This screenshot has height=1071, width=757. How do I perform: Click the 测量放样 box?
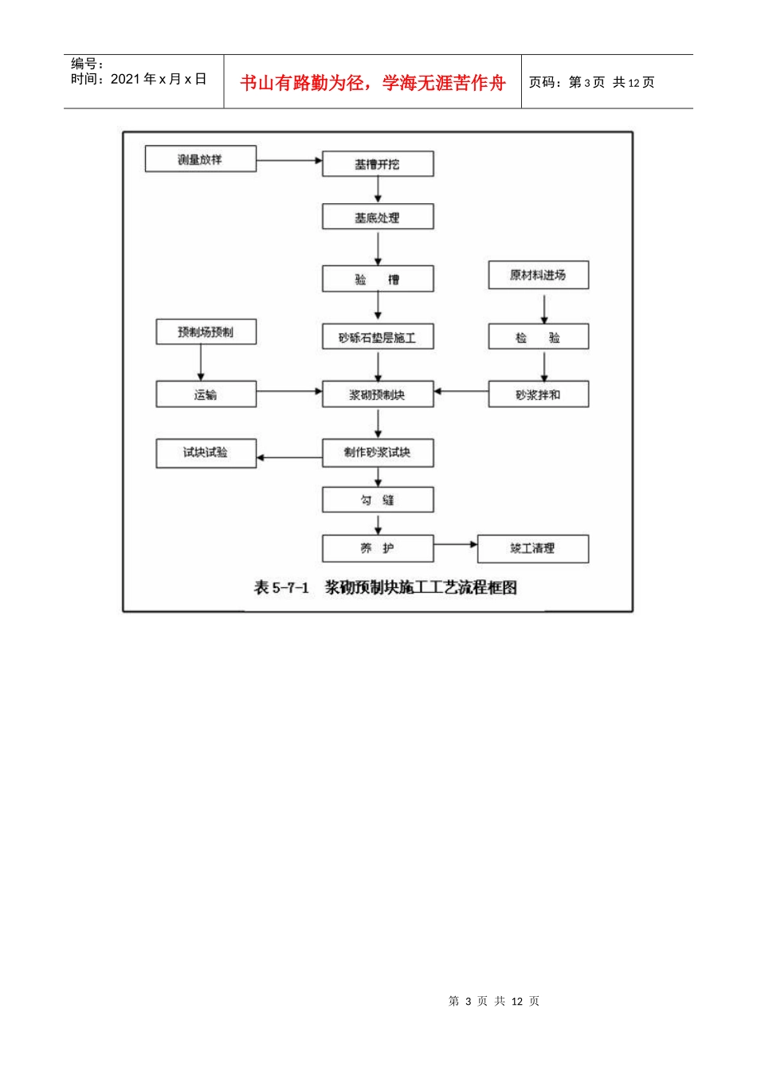[200, 159]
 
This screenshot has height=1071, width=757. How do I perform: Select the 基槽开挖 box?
[378, 164]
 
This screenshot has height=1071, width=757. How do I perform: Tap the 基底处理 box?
[378, 218]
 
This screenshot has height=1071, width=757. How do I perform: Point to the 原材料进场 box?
[538, 275]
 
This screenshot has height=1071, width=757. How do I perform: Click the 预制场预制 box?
[206, 332]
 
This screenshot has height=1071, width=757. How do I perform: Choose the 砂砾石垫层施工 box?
[378, 337]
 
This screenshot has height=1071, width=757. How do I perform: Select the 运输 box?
[206, 394]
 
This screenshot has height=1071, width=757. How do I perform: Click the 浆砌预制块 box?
[378, 394]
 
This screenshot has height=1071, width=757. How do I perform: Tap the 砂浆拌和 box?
[538, 394]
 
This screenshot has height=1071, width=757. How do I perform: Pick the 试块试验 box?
[206, 453]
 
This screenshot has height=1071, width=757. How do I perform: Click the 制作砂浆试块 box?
[378, 453]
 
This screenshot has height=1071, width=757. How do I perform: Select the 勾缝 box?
[378, 500]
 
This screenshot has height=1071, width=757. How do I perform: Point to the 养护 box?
[378, 548]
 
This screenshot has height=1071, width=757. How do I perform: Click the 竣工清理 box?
[532, 548]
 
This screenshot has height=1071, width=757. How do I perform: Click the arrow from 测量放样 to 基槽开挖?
[288, 160]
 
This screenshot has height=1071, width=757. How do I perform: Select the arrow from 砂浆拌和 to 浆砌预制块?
[461, 391]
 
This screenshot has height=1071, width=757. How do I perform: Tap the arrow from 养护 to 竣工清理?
[455, 545]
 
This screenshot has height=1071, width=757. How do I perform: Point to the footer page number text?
[494, 1001]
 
